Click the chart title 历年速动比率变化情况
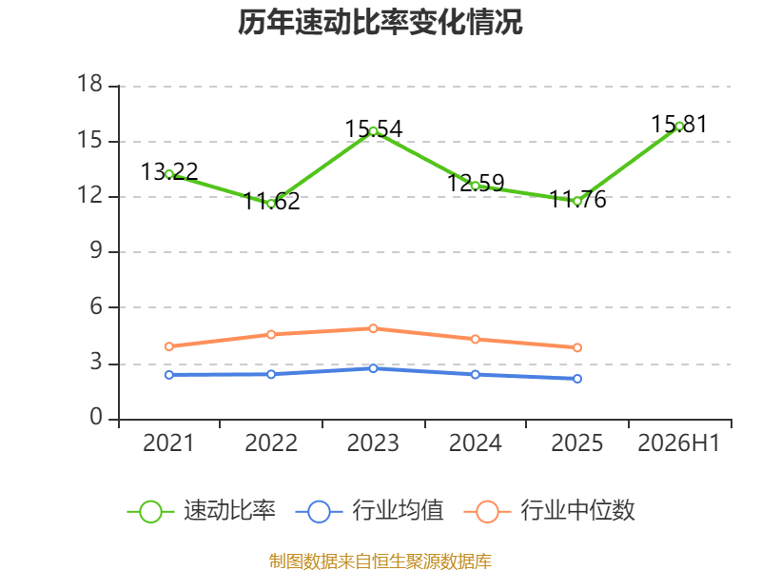pyautogui.click(x=380, y=22)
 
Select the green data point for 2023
pyautogui.click(x=373, y=131)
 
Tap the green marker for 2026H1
pyautogui.click(x=679, y=127)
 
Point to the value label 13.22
pyautogui.click(x=169, y=171)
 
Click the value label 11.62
pyautogui.click(x=271, y=201)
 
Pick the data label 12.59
pyautogui.click(x=476, y=183)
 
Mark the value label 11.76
pyautogui.click(x=577, y=199)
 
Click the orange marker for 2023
pyautogui.click(x=373, y=328)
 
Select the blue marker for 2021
pyautogui.click(x=169, y=375)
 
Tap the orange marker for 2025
pyautogui.click(x=577, y=347)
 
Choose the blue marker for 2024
pyautogui.click(x=475, y=374)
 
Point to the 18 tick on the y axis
pyautogui.click(x=89, y=84)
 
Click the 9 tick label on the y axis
pyautogui.click(x=96, y=250)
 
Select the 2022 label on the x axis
pyautogui.click(x=271, y=443)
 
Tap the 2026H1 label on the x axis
pyautogui.click(x=679, y=443)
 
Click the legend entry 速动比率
pyautogui.click(x=202, y=511)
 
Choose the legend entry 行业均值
pyautogui.click(x=369, y=511)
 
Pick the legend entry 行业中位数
pyautogui.click(x=550, y=511)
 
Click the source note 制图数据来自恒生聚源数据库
pyautogui.click(x=380, y=561)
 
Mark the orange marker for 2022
pyautogui.click(x=271, y=335)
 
